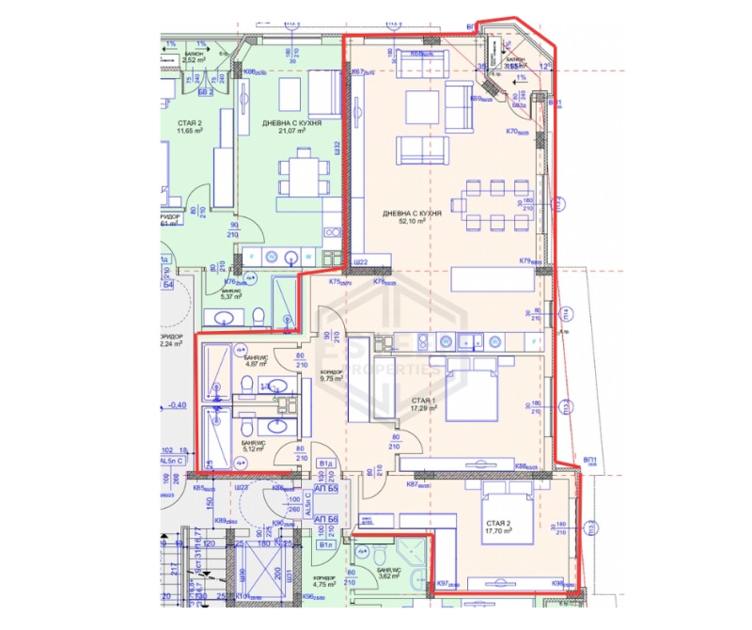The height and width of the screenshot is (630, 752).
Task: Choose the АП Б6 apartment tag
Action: (x=325, y=520)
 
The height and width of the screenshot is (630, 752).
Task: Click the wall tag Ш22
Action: (x=358, y=261)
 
